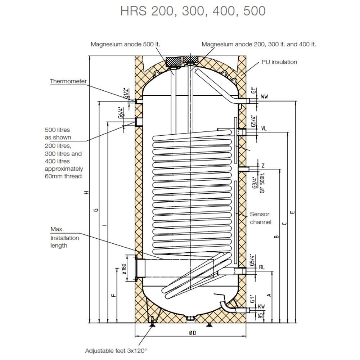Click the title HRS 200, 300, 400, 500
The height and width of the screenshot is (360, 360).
coord(193,11)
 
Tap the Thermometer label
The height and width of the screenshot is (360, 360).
coord(68,81)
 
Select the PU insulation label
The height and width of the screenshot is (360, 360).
coord(279,62)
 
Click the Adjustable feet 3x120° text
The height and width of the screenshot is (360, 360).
coord(116,351)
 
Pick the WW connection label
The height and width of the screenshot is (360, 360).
coord(264,96)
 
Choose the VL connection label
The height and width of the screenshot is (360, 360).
coord(264,129)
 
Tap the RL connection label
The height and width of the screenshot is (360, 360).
coord(262,267)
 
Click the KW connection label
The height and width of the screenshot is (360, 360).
coord(261,306)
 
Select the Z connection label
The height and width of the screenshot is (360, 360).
coord(263,166)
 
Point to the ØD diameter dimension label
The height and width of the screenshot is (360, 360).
coord(193,333)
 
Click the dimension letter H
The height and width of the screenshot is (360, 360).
coord(86,192)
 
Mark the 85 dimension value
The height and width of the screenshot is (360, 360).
coord(261,316)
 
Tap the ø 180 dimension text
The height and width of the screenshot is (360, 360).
coord(125,269)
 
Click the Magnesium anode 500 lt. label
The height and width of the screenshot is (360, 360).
coord(125,44)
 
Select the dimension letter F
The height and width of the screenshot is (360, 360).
coord(113,296)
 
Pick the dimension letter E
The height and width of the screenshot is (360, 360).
coord(292,212)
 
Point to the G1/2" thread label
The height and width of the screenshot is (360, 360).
coord(126,93)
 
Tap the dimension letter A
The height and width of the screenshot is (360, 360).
coord(270,295)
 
